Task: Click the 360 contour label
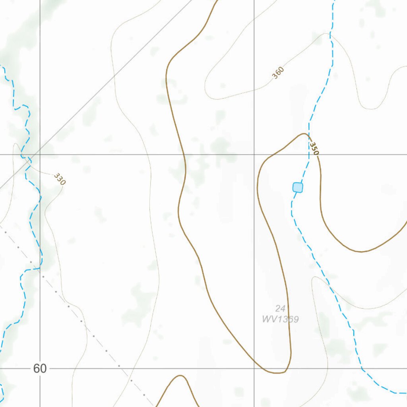(x=278, y=72)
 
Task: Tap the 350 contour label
(x=314, y=148)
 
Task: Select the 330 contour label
(x=59, y=179)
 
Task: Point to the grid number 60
(x=40, y=369)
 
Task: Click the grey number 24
(x=280, y=308)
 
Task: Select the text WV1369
(x=280, y=319)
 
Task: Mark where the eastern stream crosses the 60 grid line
(x=362, y=368)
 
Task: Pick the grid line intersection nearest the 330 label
(x=40, y=154)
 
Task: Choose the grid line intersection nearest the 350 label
(x=254, y=154)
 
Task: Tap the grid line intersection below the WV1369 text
(x=254, y=368)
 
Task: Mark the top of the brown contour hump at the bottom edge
(x=180, y=375)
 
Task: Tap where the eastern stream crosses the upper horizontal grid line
(x=309, y=154)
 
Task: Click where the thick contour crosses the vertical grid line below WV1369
(x=254, y=364)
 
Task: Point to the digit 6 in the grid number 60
(x=36, y=369)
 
